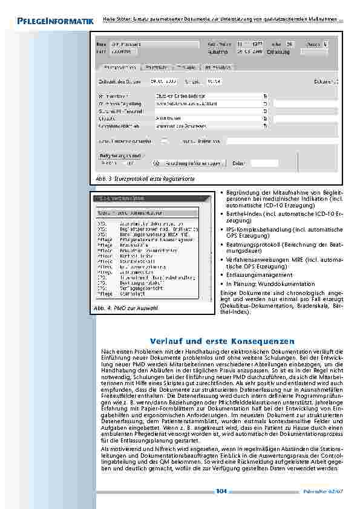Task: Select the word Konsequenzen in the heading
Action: [x=261, y=342]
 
